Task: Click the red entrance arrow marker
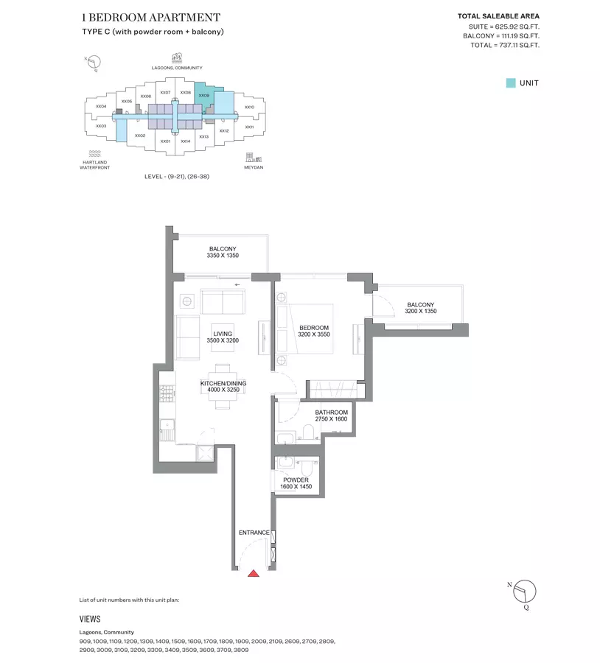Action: pyautogui.click(x=254, y=573)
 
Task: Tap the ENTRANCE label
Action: pyautogui.click(x=254, y=533)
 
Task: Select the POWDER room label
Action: pyautogui.click(x=296, y=480)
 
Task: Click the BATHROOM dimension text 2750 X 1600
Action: pyautogui.click(x=331, y=419)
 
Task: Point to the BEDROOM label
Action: pyautogui.click(x=314, y=328)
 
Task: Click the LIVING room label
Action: pyautogui.click(x=223, y=334)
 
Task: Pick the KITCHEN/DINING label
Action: pyautogui.click(x=223, y=384)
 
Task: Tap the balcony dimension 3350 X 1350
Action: pyautogui.click(x=223, y=256)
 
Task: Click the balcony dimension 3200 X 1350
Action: pyautogui.click(x=421, y=311)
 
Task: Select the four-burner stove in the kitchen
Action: pyautogui.click(x=167, y=393)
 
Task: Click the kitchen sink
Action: pyautogui.click(x=167, y=424)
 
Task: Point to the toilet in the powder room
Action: pyautogui.click(x=307, y=467)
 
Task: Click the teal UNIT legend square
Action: pyautogui.click(x=511, y=83)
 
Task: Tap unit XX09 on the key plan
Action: pyautogui.click(x=203, y=96)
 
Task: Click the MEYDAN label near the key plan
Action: pyautogui.click(x=254, y=167)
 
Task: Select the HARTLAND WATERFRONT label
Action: pyautogui.click(x=95, y=165)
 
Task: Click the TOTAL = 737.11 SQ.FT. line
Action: pyautogui.click(x=505, y=45)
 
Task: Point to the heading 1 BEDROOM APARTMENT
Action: pyautogui.click(x=151, y=18)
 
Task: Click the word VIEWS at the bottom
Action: pyautogui.click(x=90, y=619)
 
